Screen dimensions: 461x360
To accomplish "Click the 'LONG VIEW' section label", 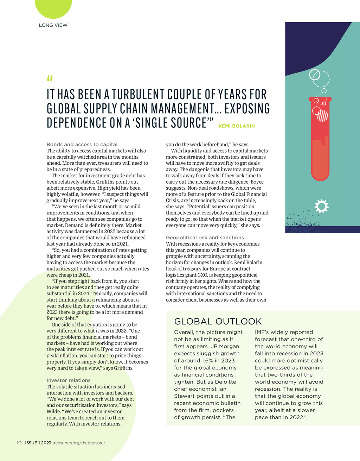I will tap(53, 25).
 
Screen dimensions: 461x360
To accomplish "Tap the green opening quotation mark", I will tap(49, 78).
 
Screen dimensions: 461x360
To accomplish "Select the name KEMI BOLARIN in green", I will tap(237, 126).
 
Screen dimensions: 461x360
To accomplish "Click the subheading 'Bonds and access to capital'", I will tap(82, 144).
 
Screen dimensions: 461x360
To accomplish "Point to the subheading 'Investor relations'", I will tap(69, 380).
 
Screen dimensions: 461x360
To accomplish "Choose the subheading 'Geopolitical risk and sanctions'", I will tap(205, 238).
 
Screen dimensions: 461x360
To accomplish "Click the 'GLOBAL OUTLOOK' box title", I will tap(218, 321).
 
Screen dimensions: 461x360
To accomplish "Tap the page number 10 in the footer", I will tap(19, 443).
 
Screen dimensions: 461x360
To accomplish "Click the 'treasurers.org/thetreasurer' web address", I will tap(79, 443).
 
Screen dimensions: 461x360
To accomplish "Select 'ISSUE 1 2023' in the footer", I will tap(38, 443).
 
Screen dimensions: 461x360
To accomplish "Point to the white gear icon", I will tap(321, 207).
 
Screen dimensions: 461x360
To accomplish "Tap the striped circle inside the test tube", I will tap(322, 115).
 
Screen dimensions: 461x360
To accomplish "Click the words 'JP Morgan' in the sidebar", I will tap(225, 346).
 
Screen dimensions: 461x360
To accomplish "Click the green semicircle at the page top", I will tap(53, 8).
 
